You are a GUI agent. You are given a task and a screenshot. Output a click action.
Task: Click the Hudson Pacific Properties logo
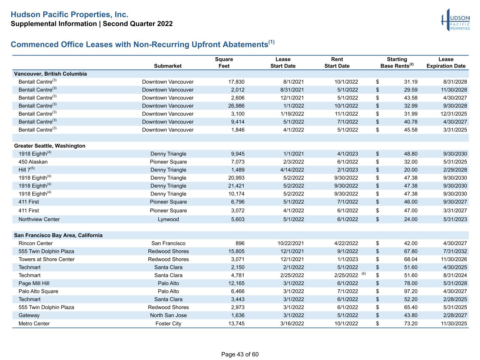tap(455, 20)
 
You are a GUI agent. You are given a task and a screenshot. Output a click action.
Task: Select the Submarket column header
tap(168, 66)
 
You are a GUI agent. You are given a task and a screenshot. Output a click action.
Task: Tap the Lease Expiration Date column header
tap(446, 63)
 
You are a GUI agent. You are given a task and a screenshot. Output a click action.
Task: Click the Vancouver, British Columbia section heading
tap(50, 74)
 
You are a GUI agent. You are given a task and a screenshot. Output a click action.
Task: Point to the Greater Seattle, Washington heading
tap(50, 146)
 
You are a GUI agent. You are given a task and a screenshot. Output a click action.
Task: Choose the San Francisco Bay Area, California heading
tap(58, 235)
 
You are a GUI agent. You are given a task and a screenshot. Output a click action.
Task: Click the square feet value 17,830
tap(236, 82)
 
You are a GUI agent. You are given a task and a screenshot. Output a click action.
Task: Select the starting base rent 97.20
tap(411, 291)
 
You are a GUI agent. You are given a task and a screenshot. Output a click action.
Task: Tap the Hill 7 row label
tap(26, 169)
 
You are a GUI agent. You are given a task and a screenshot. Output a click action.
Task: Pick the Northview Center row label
tap(39, 219)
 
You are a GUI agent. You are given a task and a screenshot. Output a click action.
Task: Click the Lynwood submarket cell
tap(168, 219)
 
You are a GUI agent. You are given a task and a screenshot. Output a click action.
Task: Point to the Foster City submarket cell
tap(168, 323)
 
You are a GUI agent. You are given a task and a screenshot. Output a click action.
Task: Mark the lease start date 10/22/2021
tap(290, 243)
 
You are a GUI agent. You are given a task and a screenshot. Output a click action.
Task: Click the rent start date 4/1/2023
tap(347, 154)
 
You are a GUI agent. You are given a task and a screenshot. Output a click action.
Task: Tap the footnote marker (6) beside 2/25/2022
tap(364, 274)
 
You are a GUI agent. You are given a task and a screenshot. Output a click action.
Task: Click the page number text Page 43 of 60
tap(240, 354)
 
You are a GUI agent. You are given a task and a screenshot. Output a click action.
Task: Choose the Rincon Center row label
tap(36, 243)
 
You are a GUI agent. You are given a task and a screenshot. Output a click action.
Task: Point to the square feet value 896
tap(240, 243)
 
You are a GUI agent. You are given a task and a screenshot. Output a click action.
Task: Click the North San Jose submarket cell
tap(168, 315)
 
